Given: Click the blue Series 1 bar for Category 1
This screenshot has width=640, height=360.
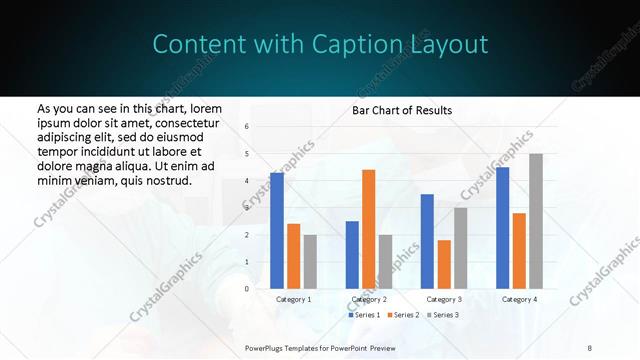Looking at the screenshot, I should coord(277,231).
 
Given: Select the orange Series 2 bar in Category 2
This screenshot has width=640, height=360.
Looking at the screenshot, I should coord(368,229).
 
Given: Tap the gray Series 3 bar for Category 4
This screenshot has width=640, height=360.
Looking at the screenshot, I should coord(536,221).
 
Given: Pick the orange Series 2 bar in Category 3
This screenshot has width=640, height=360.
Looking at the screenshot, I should coord(443,264).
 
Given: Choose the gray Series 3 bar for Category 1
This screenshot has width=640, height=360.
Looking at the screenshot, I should coord(310,262).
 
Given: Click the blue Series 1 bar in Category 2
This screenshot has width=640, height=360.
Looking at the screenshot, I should coord(352,255).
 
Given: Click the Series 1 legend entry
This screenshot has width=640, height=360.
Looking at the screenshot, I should coord(365,315).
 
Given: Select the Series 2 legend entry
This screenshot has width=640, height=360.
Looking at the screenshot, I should coord(403,315).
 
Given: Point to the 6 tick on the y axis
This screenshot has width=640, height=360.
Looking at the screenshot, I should coord(247,127).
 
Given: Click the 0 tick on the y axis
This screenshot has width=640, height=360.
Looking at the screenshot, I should coord(247,289).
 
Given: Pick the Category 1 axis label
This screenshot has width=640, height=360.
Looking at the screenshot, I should coord(293,299).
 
